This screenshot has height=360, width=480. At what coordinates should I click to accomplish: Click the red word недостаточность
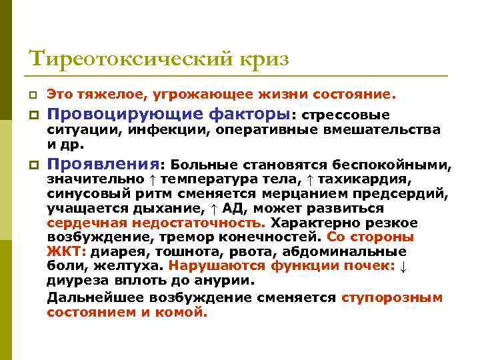199,223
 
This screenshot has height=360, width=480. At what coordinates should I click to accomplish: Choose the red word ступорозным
392,297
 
